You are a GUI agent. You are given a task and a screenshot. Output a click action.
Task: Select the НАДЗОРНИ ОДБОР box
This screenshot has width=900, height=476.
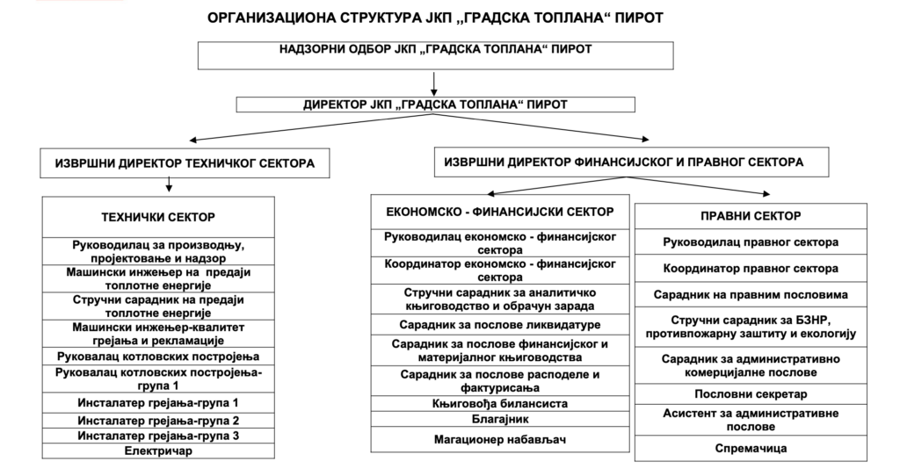point(435,53)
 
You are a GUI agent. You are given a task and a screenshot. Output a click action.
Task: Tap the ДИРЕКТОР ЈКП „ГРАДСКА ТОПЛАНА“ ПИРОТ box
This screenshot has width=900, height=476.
point(435,105)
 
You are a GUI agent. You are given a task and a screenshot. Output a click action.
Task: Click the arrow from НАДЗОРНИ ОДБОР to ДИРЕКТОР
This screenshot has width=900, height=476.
point(434,83)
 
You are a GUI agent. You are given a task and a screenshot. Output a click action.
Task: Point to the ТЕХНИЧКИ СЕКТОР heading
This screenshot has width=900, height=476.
point(159,217)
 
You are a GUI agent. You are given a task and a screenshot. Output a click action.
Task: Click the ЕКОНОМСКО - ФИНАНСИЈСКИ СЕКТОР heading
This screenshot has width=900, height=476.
point(499,213)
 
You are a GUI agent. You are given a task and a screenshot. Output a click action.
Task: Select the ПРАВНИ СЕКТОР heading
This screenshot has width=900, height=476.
point(750,216)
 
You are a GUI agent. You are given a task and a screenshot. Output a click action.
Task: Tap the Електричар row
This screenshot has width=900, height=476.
point(159,451)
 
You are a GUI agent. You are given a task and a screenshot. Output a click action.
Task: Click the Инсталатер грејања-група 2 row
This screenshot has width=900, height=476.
point(159,421)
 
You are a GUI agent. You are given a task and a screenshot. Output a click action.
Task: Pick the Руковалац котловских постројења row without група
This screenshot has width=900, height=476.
point(159,357)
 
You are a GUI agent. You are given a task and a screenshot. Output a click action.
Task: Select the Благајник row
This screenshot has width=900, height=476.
point(499,420)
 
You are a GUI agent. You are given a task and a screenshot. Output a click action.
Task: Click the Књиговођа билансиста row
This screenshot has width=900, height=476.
point(499,404)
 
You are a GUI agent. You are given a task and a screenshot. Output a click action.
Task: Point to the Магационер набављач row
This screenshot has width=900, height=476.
point(499,439)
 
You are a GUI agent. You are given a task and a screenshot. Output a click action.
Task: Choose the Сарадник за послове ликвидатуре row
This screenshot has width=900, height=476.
point(499,325)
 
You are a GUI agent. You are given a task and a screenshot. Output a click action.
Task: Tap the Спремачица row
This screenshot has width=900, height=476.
point(750,448)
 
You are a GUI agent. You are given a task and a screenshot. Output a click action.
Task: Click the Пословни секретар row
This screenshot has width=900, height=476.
point(750,393)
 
